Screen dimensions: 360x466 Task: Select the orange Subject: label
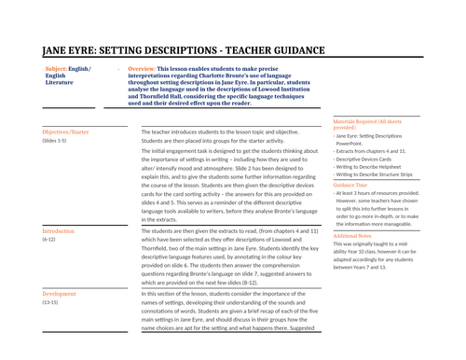pos(62,69)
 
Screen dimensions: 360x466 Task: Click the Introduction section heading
pos(59,230)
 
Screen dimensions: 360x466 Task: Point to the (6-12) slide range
pos(49,239)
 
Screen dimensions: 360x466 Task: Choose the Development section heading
pos(60,294)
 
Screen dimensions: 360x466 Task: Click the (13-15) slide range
pos(50,302)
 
